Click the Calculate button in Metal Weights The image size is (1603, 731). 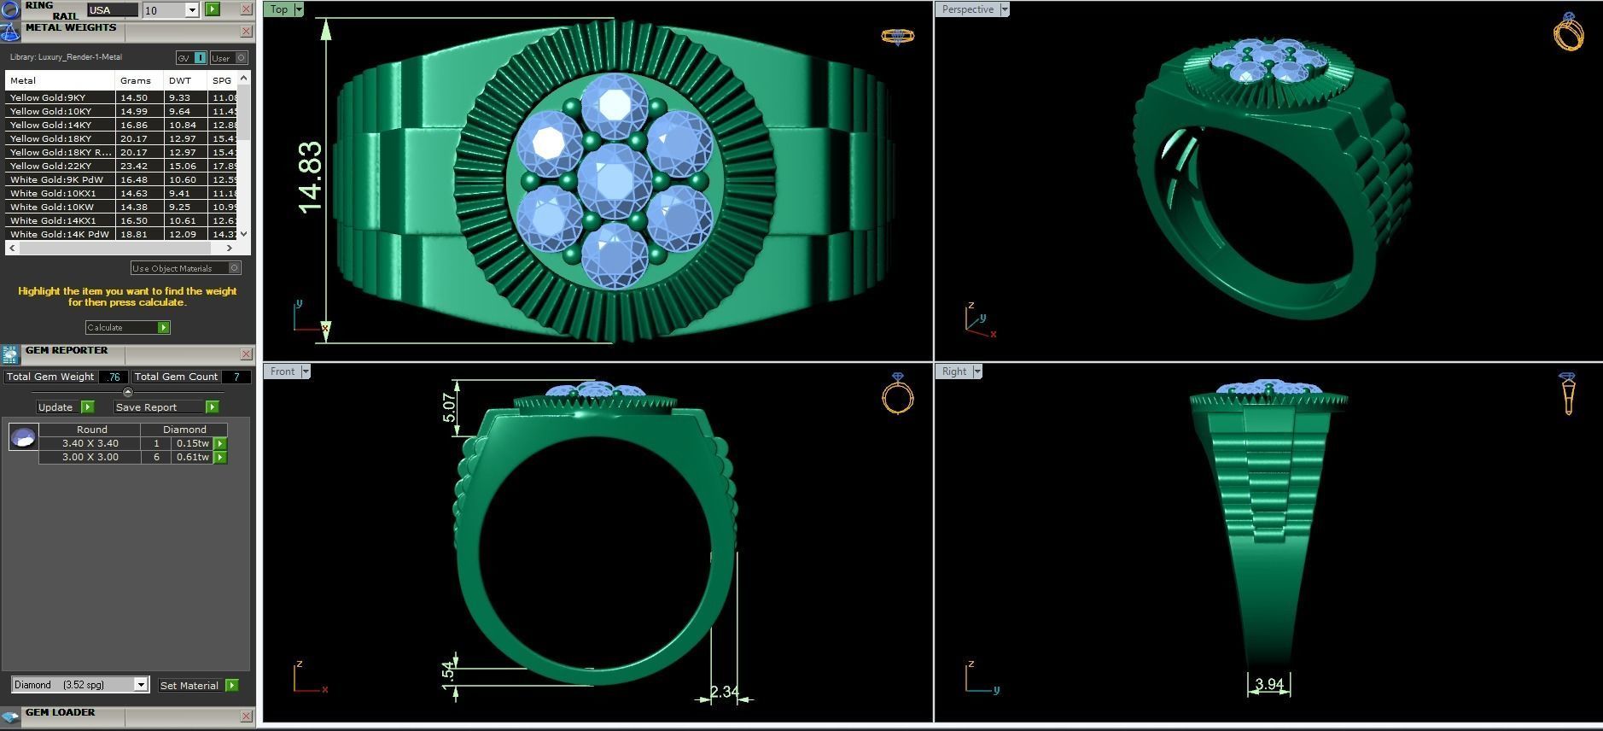pos(127,327)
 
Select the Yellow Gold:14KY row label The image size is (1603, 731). pos(50,125)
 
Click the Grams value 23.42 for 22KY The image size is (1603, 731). pos(134,166)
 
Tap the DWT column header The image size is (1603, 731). pos(180,80)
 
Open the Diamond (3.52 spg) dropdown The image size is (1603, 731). pos(141,685)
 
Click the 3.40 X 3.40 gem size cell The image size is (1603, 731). pos(90,443)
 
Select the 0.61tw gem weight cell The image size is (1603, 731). pos(192,457)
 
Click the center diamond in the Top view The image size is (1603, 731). pos(614,179)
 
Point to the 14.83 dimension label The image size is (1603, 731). pos(311,178)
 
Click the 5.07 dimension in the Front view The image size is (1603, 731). pos(450,406)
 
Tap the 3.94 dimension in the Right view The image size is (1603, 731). pos(1269,684)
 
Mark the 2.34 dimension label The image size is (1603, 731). pos(724,692)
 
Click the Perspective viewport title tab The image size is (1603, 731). pos(968,9)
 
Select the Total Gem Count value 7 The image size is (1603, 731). pos(236,377)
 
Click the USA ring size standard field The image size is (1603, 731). pos(112,10)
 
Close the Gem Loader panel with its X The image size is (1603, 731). pos(246,716)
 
